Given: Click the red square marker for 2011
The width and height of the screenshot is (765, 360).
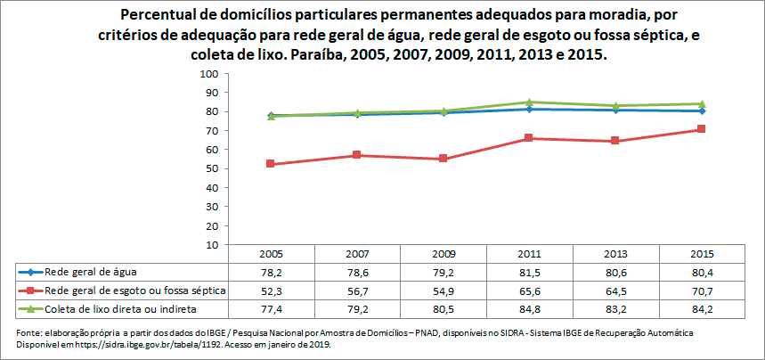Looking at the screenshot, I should click(529, 138).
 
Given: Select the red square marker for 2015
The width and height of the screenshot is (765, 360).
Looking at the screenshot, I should click(702, 129).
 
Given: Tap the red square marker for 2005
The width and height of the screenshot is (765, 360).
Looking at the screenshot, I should click(270, 164).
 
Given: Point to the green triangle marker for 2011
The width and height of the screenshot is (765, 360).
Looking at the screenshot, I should click(529, 102).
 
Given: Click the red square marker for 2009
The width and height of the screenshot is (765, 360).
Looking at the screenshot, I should click(443, 159).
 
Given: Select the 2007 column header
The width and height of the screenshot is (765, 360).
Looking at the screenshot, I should click(356, 253).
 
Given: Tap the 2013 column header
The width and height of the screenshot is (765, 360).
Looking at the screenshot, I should click(615, 253).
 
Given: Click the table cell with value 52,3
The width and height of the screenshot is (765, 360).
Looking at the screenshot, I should click(270, 290).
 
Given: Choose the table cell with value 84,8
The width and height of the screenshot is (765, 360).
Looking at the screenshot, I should click(529, 309).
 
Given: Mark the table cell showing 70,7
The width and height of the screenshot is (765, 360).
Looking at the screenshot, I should click(702, 290).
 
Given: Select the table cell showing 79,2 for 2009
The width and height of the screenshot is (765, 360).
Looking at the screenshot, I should click(443, 272).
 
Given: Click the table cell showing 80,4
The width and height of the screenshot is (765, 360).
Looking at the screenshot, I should click(702, 272).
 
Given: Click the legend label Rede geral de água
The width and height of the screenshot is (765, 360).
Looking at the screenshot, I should click(91, 272).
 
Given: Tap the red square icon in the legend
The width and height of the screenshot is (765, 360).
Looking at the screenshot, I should click(30, 290).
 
